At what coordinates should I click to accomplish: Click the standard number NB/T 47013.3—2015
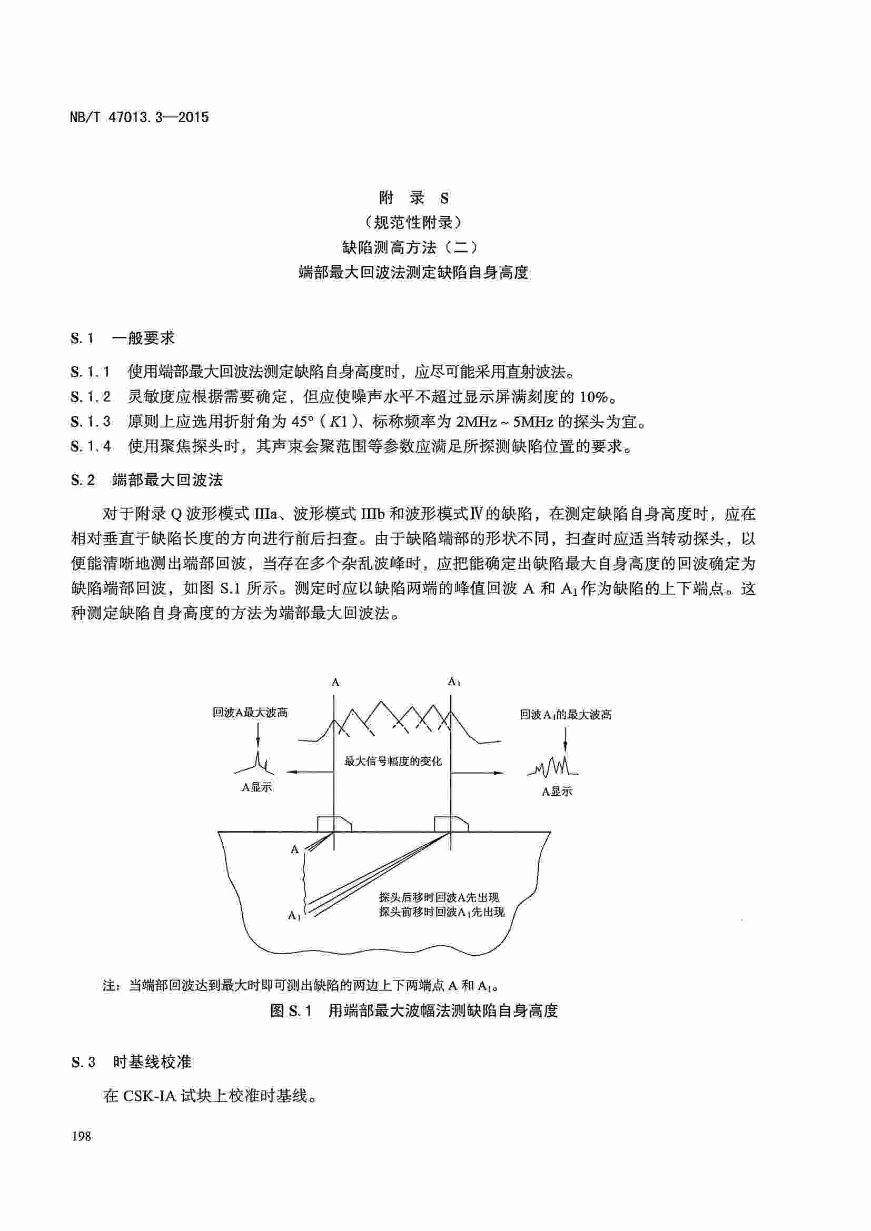click(139, 117)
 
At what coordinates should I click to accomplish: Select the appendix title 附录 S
click(413, 198)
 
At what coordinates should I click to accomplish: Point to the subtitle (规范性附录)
click(413, 222)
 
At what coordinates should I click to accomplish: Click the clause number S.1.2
click(91, 397)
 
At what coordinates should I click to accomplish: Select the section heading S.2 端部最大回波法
click(146, 480)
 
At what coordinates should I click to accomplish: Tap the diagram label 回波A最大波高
click(250, 713)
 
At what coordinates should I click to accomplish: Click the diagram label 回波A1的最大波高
click(565, 715)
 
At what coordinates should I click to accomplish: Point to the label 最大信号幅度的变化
click(393, 761)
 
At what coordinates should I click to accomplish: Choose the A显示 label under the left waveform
click(257, 787)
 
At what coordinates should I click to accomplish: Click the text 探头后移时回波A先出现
click(439, 897)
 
